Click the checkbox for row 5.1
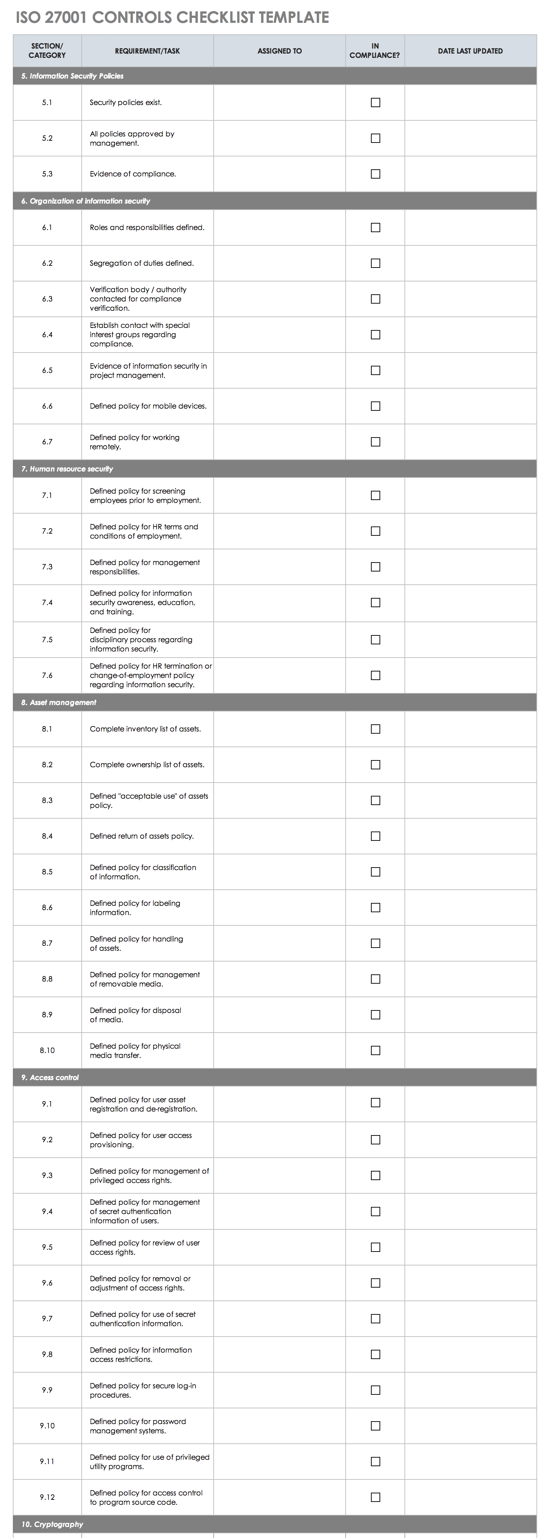(x=375, y=103)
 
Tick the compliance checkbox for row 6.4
(x=375, y=335)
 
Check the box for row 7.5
(x=375, y=639)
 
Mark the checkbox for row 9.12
(x=375, y=1497)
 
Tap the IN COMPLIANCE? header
(x=375, y=51)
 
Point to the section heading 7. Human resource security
(x=67, y=469)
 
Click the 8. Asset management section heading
(x=59, y=702)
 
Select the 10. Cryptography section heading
(x=52, y=1524)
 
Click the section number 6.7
(x=47, y=442)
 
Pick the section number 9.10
(x=47, y=1426)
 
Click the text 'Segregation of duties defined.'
(x=141, y=263)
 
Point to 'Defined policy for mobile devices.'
(x=148, y=406)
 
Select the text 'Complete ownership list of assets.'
(x=147, y=765)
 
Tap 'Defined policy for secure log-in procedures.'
(x=143, y=1390)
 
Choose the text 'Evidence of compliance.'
(x=132, y=174)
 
